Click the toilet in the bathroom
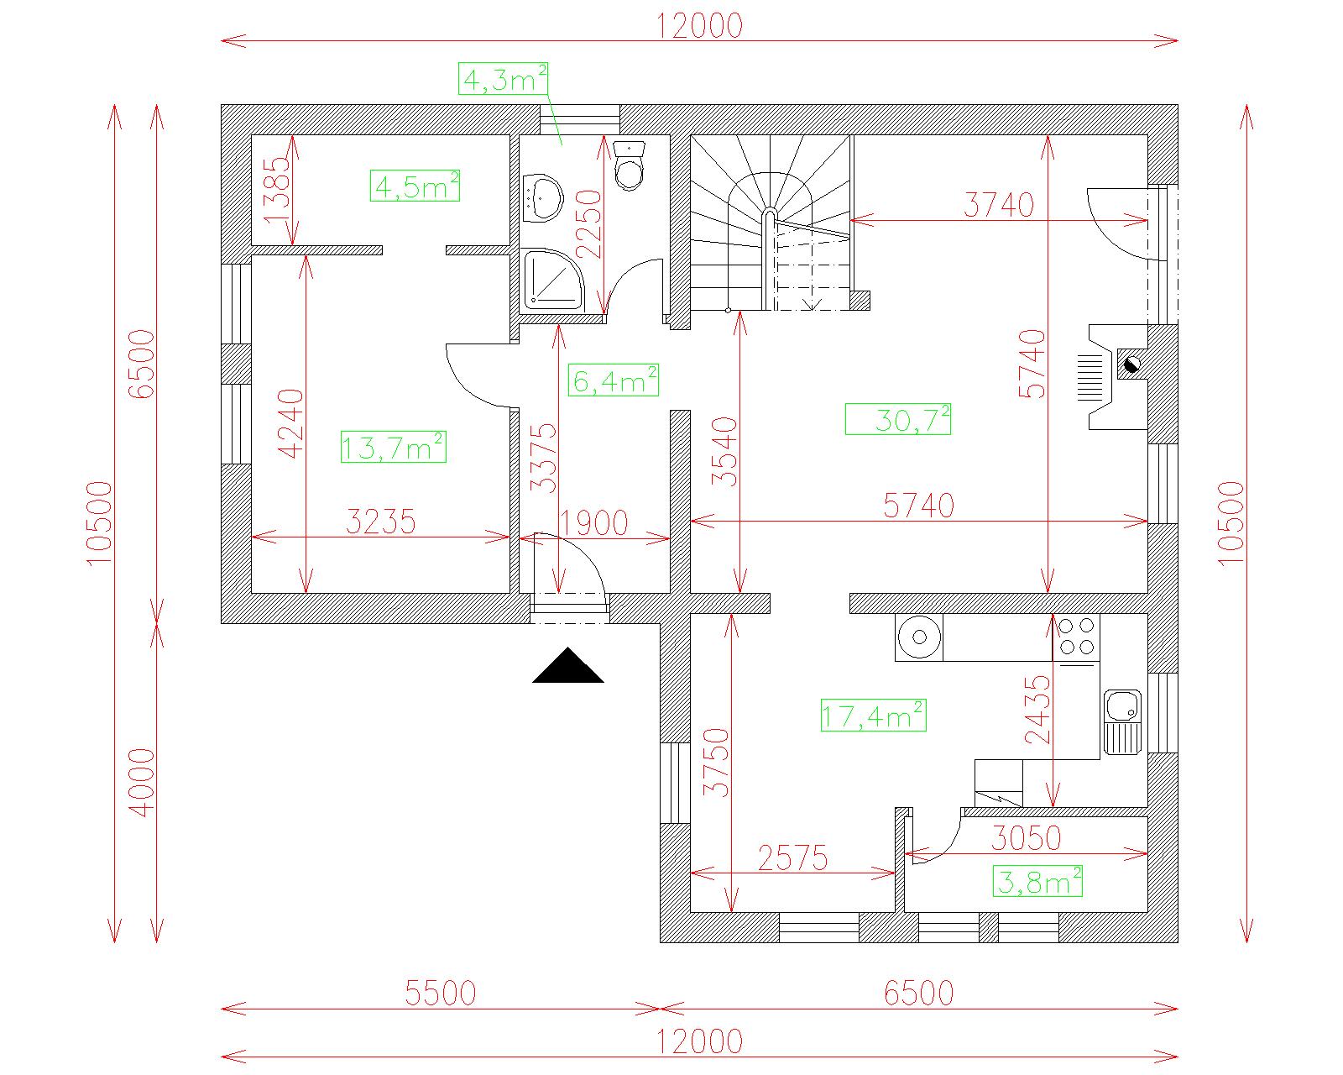point(629,165)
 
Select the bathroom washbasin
point(542,198)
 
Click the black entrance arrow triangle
point(568,665)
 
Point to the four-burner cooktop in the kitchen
point(1077,637)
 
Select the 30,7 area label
point(897,419)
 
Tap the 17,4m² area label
point(873,716)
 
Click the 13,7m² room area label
point(393,448)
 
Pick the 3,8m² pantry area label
point(1037,881)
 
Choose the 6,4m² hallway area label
point(613,380)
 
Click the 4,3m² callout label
point(503,79)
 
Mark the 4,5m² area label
point(415,186)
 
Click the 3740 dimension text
point(999,205)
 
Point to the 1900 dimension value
point(593,523)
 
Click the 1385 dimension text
point(276,190)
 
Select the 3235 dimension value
point(381,522)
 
